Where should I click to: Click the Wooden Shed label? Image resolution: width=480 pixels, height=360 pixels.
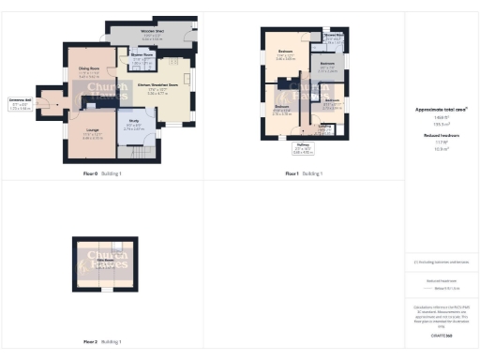point(154,32)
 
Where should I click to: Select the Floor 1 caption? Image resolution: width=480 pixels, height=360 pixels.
point(293,173)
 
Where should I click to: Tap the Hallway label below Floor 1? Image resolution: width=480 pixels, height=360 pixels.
point(303,145)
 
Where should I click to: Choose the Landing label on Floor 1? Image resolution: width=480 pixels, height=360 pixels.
point(325,125)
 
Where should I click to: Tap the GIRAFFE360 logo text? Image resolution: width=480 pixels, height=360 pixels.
point(442,334)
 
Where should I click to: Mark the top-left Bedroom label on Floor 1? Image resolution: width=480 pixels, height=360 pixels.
point(286,51)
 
